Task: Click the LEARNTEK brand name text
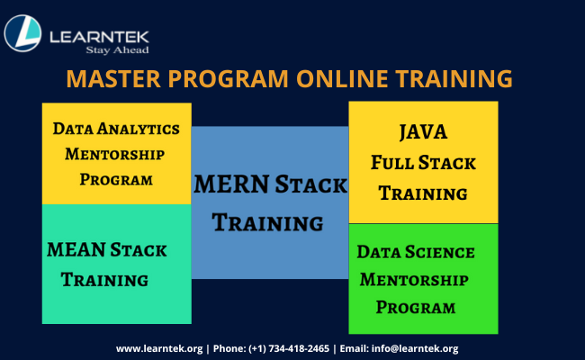[x=99, y=34]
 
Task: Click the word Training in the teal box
[x=104, y=280]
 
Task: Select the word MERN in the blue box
[x=230, y=185]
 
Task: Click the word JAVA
[x=423, y=132]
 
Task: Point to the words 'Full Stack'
[x=423, y=163]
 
